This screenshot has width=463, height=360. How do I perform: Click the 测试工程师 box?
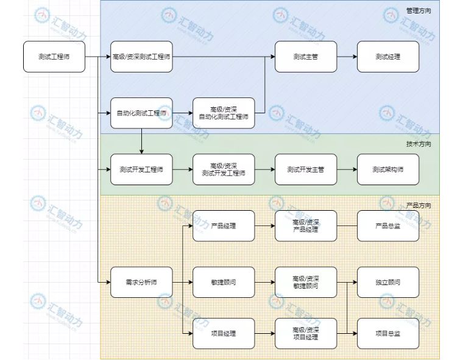(54, 57)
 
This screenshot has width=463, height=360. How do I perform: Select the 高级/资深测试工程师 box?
(141, 57)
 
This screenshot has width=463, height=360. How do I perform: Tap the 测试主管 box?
(306, 57)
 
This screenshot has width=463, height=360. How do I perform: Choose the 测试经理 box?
(388, 57)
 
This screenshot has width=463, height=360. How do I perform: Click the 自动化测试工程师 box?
(141, 113)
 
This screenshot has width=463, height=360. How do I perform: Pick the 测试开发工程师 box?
(141, 169)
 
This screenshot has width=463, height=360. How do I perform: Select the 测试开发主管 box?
(306, 169)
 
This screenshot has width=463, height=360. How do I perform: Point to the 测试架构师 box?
(388, 169)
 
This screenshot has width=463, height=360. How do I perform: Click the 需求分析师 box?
(141, 282)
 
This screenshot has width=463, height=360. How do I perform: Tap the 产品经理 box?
(224, 225)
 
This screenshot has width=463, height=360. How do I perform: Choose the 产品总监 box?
(388, 225)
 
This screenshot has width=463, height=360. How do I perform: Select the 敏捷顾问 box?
(224, 282)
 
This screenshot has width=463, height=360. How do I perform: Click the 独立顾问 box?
(388, 282)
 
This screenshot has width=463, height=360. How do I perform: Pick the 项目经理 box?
(224, 333)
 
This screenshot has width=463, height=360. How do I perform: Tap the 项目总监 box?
(388, 333)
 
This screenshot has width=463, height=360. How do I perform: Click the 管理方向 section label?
(419, 10)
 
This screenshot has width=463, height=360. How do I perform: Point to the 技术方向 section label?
(419, 144)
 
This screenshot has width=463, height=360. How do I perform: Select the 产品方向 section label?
(419, 205)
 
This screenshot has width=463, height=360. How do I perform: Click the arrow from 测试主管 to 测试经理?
(347, 57)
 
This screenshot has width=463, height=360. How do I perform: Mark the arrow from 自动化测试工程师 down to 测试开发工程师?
(141, 141)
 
